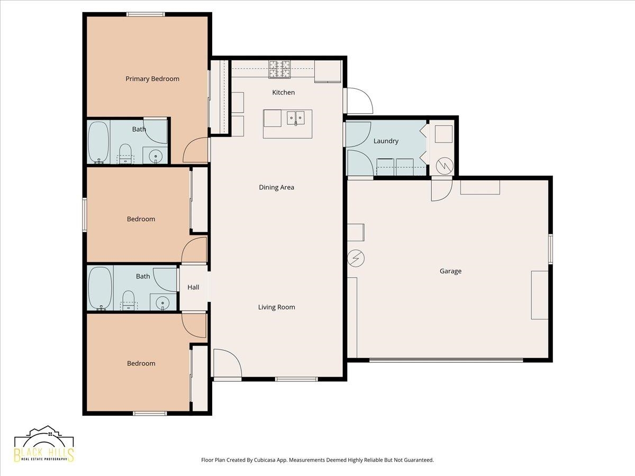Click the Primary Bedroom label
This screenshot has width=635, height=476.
pos(152,79)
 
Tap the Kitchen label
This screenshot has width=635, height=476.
pos(284,93)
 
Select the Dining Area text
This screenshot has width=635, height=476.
pos(277,187)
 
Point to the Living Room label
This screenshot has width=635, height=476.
pos(277,307)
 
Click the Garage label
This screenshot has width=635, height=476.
pos(450,271)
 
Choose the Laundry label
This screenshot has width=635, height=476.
pos(386,141)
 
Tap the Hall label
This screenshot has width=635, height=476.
pos(193,287)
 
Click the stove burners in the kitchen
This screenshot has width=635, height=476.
pos(279,69)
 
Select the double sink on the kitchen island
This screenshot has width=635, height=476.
pos(296,118)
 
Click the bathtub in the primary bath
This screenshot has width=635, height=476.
pos(98,142)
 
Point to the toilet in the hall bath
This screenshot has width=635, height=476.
pos(128,300)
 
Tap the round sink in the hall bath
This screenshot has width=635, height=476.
pos(162,303)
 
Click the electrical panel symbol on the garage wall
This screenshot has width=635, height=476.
pos(356,258)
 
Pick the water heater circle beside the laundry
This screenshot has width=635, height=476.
pos(444,166)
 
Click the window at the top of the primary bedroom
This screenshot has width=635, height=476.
pos(146,14)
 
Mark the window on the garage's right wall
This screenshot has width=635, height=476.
pos(550,249)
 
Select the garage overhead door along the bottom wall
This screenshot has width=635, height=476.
pos(446,360)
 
